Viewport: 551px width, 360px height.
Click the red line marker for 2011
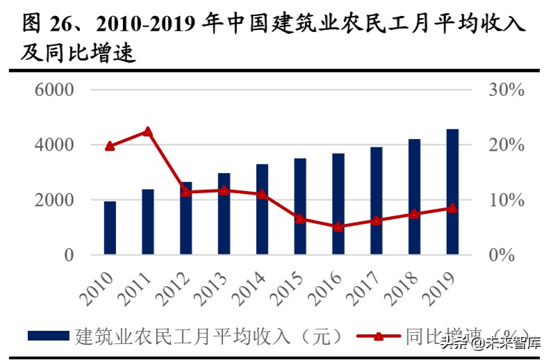147,131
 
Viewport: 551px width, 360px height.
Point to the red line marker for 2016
338,227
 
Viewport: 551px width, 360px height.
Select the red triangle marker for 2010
110,146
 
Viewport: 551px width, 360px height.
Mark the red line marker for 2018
414,214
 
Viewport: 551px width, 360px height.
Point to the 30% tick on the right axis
505,90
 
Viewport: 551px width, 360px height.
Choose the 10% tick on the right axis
505,200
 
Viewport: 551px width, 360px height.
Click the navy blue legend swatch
49,336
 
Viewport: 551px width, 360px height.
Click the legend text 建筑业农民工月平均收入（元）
208,336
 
